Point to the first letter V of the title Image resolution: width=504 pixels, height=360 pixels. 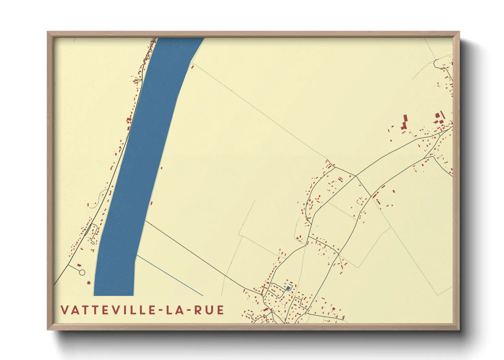click(64, 310)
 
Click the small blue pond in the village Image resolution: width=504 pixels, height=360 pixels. click(288, 288)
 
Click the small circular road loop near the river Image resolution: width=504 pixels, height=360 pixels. click(82, 273)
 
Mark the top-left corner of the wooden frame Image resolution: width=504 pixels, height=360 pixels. click(47, 32)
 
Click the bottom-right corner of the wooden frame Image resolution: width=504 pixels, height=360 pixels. click(459, 329)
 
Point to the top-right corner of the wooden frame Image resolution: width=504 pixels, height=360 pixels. click(459, 32)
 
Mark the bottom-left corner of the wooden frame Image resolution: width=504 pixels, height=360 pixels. click(47, 329)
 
